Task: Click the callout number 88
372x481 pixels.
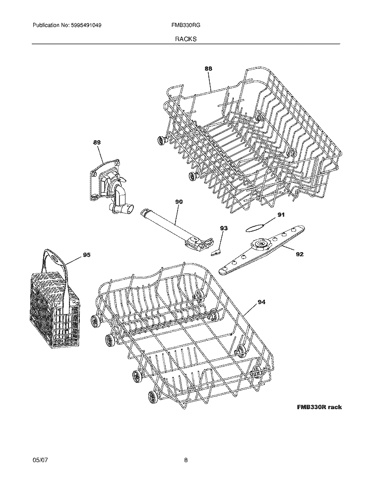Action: pos(208,69)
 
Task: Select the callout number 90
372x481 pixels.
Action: pos(179,202)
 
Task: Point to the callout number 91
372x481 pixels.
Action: pos(281,215)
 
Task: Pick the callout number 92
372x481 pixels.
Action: pos(300,254)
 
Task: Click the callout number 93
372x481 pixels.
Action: pos(224,228)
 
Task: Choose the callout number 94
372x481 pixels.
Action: pos(261,302)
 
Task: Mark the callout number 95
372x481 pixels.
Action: pos(87,255)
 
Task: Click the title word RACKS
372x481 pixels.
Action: pos(186,39)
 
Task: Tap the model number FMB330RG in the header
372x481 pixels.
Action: pos(186,25)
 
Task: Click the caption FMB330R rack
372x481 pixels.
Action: pos(319,407)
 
